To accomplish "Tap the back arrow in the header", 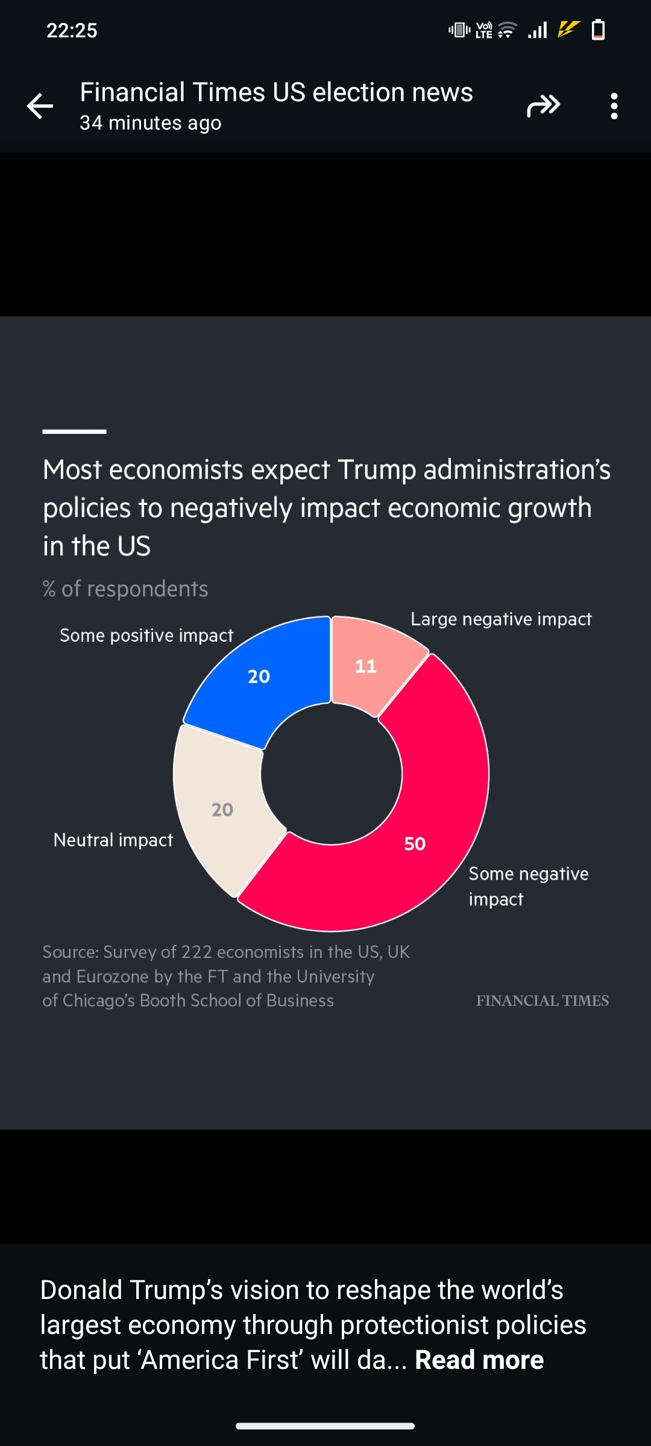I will (x=40, y=107).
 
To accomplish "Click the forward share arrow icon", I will (x=543, y=106).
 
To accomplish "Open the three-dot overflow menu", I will (x=614, y=106).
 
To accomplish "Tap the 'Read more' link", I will (x=479, y=1360).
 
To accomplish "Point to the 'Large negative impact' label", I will (x=501, y=619).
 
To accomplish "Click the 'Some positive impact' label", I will (x=146, y=636).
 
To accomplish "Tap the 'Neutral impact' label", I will (x=113, y=840).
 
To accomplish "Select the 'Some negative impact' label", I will (x=528, y=886).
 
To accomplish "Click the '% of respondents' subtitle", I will (x=125, y=589).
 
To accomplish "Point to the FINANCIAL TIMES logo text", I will (x=542, y=1001).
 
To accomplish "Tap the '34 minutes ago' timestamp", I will (x=151, y=123).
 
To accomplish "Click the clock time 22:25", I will (x=72, y=30).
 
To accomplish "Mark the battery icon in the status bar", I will (x=598, y=30).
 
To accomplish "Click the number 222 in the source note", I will (x=197, y=952).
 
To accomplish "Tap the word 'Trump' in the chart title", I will (x=376, y=470).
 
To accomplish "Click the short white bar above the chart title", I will (x=74, y=431).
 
